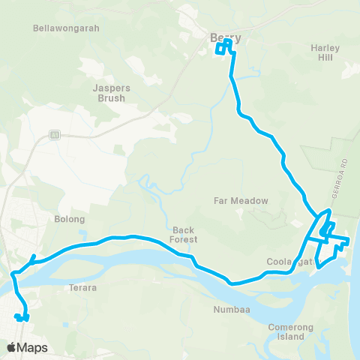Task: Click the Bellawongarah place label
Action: pyautogui.click(x=67, y=28)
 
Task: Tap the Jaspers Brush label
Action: pyautogui.click(x=111, y=92)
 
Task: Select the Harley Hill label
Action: pyautogui.click(x=325, y=53)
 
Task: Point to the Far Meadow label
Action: pyautogui.click(x=241, y=201)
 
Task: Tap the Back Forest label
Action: pyautogui.click(x=184, y=235)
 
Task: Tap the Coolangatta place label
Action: pyautogui.click(x=289, y=262)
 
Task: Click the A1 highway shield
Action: pyautogui.click(x=55, y=134)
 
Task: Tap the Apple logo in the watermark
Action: pyautogui.click(x=12, y=347)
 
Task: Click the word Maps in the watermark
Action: pyautogui.click(x=33, y=347)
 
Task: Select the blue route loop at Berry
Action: pyautogui.click(x=224, y=48)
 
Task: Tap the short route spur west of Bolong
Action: pyautogui.click(x=31, y=260)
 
